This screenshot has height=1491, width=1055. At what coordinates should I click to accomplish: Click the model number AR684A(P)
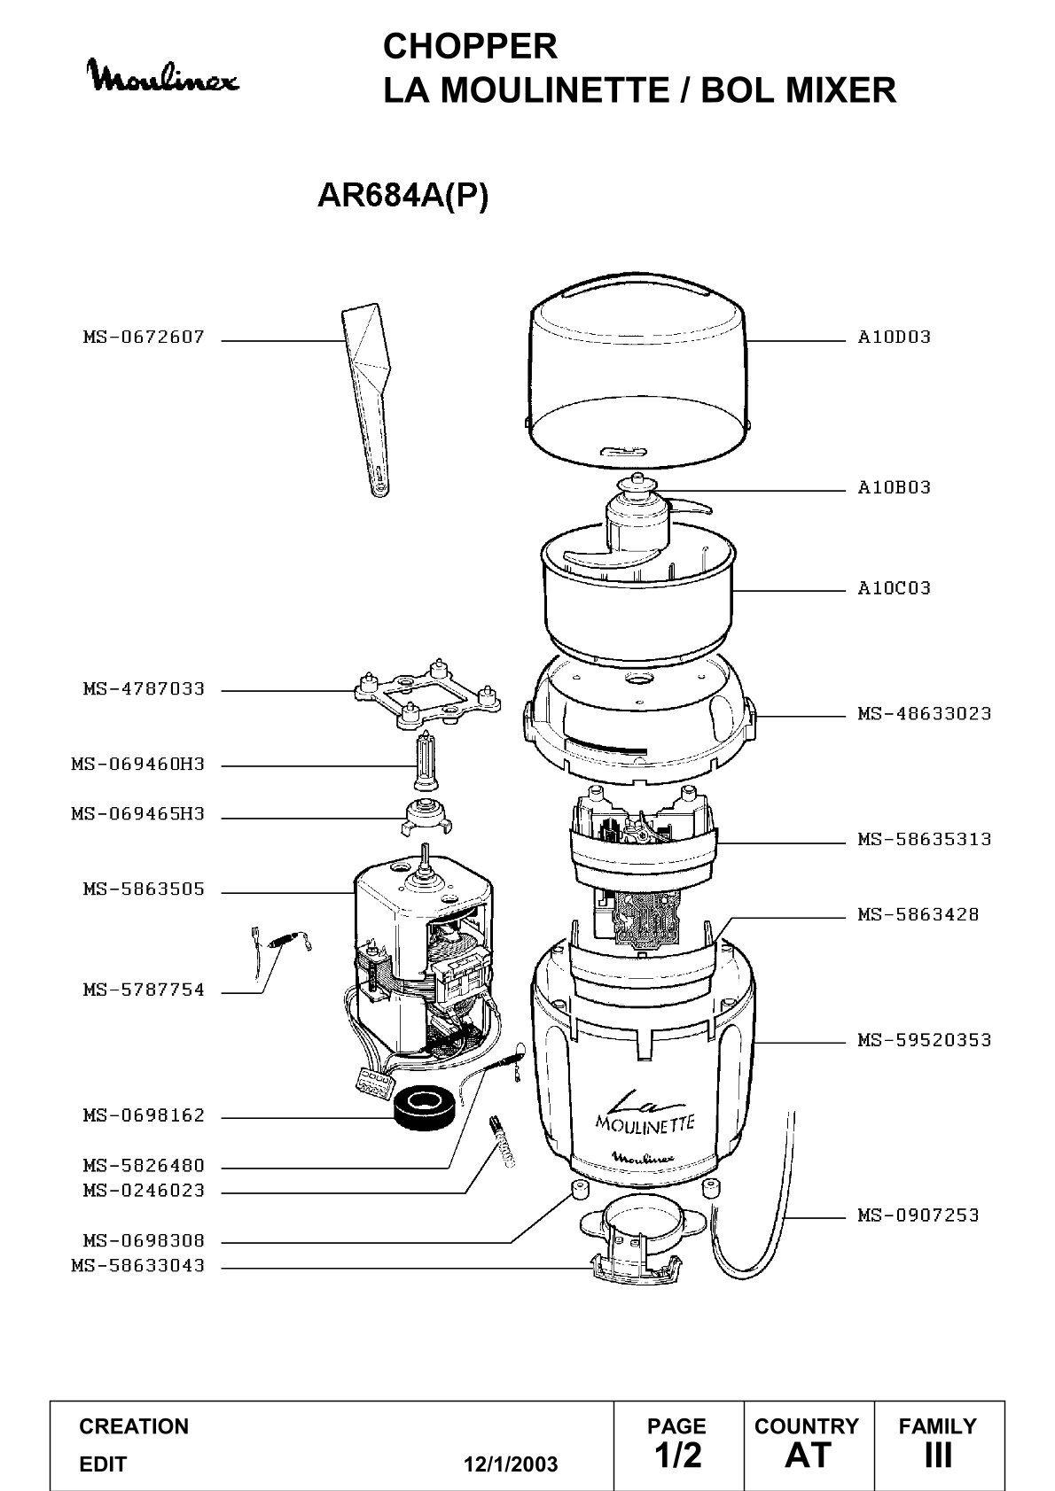pos(403,196)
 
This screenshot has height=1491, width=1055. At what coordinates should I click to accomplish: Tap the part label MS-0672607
pos(144,337)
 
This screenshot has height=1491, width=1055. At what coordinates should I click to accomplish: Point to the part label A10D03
pos(894,337)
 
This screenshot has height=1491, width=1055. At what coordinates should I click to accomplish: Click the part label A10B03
pos(894,487)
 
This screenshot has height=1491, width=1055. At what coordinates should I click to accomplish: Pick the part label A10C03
pos(894,587)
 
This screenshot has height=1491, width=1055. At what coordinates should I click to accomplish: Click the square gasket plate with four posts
pos(427,692)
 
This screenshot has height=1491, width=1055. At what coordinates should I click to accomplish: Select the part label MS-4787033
pos(144,688)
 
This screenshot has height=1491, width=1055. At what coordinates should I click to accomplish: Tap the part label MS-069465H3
pos(138,814)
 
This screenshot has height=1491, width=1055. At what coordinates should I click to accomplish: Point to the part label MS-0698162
pos(144,1114)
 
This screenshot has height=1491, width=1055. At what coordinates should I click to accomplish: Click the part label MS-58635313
pos(925,839)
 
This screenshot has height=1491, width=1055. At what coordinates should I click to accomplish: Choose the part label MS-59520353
pos(925,1040)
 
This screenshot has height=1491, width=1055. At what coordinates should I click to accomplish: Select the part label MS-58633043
pos(138,1265)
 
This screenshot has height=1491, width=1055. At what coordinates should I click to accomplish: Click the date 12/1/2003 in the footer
pos(511,1464)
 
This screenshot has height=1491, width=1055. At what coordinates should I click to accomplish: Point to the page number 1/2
pos(678,1455)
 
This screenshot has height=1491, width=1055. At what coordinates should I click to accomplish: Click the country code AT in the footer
pos(809,1455)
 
